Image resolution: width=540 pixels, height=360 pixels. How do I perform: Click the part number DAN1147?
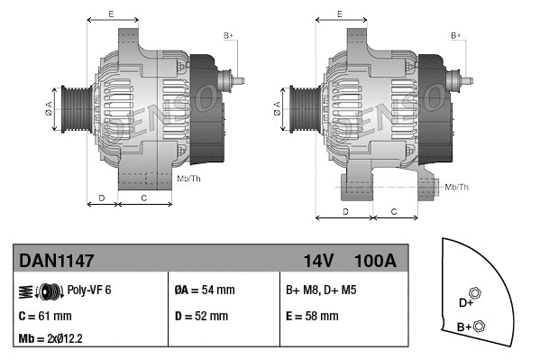coord(56,261)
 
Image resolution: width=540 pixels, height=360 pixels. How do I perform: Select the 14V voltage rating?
coord(318,261)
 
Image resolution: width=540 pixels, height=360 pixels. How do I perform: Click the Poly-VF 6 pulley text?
coord(89,291)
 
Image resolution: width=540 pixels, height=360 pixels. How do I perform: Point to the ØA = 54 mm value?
coord(204,291)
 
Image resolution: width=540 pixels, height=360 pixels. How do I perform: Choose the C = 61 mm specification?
coord(44,317)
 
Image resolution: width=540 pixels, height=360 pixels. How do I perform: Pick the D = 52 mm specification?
coord(201,317)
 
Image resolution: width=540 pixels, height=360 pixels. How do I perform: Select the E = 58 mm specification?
coord(312,317)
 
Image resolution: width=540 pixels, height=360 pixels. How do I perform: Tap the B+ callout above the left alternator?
coord(228,35)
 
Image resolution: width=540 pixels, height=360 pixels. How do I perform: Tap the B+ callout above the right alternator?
coord(456,35)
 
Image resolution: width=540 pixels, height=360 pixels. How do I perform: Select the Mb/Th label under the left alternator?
coord(189,179)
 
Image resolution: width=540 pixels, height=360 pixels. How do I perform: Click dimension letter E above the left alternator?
coord(111,14)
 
